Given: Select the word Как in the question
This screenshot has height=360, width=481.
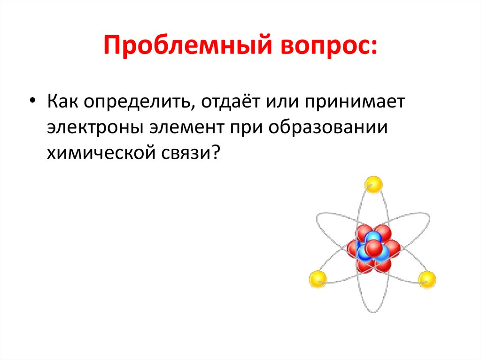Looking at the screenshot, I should (63, 102).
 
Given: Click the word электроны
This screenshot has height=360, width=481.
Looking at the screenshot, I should (94, 128).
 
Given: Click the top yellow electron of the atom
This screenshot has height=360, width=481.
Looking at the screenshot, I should (374, 184).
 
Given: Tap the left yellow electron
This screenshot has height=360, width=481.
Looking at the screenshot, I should (318, 279).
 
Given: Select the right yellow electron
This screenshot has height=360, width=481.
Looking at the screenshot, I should (427, 280).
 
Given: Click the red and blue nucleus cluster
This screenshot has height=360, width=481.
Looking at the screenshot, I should (373, 249).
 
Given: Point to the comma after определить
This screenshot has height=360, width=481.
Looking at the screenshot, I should (190, 108).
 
